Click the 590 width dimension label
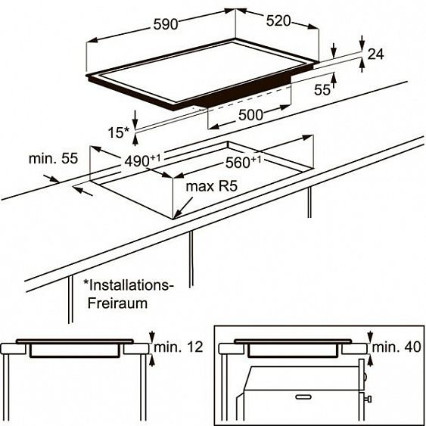point(166,24)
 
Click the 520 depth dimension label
point(278,20)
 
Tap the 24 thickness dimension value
point(375,54)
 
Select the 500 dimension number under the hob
point(250,115)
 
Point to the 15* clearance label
point(119,132)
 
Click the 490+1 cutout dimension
point(142,161)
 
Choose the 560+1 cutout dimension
point(243,162)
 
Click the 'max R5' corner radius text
point(211,186)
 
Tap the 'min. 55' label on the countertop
point(53,158)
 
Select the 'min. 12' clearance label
point(179,347)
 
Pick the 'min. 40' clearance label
point(396,347)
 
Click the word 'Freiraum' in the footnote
point(117,303)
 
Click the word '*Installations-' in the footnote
point(128,285)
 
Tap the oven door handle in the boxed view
point(303,397)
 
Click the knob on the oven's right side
point(368,399)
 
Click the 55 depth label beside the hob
point(322,89)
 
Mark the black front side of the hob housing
point(242,92)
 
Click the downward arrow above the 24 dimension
point(362,42)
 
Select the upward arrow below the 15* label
point(135,139)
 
